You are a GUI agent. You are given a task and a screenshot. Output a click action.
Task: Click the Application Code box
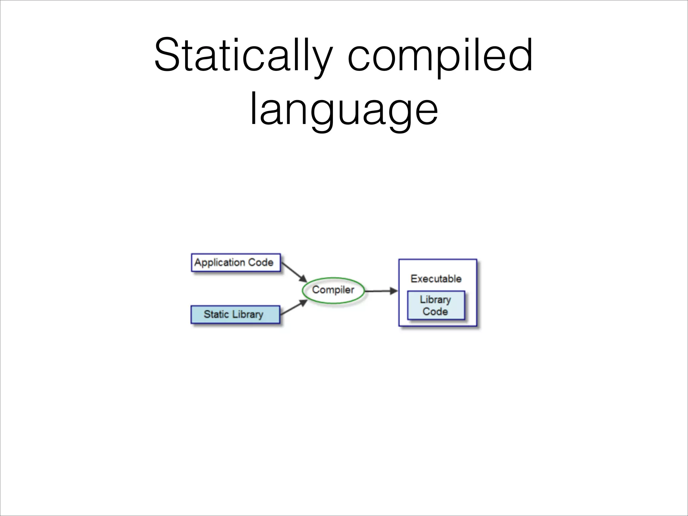(x=236, y=263)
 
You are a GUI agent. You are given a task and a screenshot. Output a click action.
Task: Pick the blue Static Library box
(x=235, y=315)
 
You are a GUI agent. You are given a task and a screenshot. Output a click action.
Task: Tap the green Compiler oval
(x=333, y=290)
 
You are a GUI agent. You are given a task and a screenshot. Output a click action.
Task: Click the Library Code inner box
(x=436, y=305)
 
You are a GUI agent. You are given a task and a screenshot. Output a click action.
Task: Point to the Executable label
(x=436, y=278)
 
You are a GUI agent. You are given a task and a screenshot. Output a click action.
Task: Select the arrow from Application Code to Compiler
(x=294, y=272)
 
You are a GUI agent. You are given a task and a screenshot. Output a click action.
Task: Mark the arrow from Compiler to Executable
(x=381, y=291)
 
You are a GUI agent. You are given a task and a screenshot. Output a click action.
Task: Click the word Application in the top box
(x=220, y=263)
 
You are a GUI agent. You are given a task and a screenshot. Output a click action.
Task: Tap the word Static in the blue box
(x=216, y=314)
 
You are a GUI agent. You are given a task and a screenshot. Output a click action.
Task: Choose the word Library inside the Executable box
(x=435, y=300)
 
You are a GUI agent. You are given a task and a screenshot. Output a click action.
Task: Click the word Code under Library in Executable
(x=435, y=312)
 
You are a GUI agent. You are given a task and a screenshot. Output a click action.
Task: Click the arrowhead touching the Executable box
(x=394, y=291)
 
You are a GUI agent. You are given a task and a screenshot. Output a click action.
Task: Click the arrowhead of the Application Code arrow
(x=303, y=279)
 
